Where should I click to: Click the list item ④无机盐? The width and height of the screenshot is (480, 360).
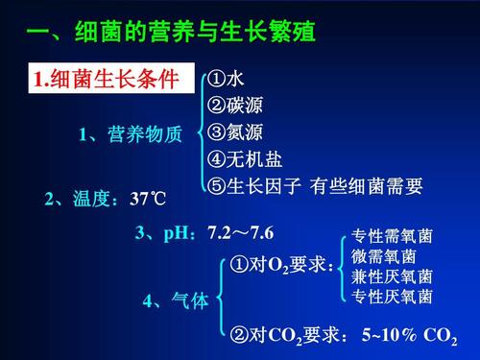[245, 159]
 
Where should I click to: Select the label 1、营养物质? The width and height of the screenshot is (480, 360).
[131, 135]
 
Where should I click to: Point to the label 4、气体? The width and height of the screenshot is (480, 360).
[175, 301]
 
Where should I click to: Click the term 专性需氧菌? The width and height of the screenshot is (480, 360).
[392, 237]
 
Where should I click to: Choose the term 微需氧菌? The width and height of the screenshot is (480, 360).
[384, 256]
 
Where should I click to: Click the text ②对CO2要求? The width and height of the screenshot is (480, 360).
[288, 336]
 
